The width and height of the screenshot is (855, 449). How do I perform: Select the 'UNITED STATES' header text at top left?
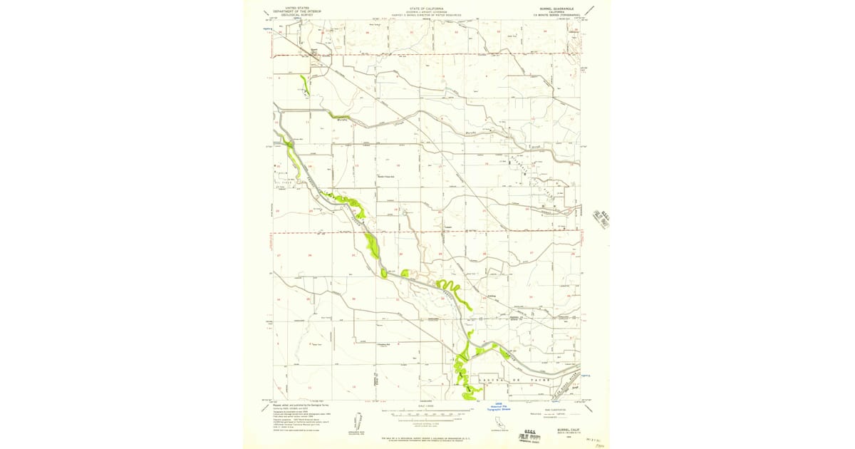coord(297,8)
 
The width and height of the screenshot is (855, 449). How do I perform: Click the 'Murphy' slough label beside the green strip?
coord(341,120)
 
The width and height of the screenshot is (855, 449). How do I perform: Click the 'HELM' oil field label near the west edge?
coord(279,172)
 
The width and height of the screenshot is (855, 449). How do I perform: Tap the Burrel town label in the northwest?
coord(314,51)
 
